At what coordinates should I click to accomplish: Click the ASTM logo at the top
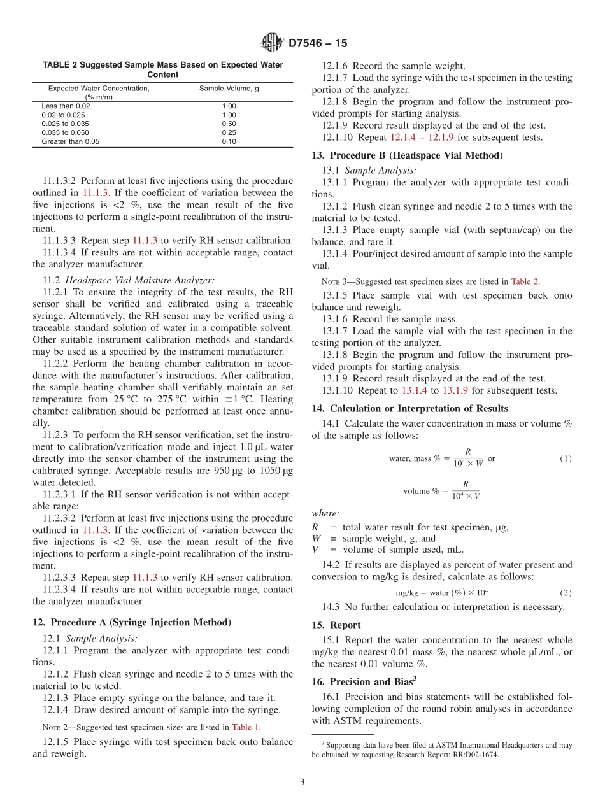click(x=272, y=43)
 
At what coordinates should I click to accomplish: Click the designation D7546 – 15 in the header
click(x=318, y=44)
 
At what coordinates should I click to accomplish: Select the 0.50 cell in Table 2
click(x=229, y=124)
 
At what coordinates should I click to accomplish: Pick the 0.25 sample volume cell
click(x=229, y=132)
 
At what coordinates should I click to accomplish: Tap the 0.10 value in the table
click(x=229, y=141)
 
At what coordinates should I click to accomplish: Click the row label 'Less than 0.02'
click(x=66, y=106)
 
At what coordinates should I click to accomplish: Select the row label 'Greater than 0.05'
click(x=71, y=141)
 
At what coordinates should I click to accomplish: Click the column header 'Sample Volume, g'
click(x=229, y=89)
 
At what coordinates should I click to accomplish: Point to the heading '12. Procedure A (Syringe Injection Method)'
click(x=132, y=622)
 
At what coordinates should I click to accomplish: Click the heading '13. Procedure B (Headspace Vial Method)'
click(x=407, y=155)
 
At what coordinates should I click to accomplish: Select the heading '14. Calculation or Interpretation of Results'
click(x=409, y=408)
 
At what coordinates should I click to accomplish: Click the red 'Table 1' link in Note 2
click(x=246, y=727)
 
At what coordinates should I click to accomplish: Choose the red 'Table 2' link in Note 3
click(x=525, y=281)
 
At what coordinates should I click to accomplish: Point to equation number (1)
click(x=566, y=458)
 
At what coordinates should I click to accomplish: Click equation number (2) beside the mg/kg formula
click(x=566, y=592)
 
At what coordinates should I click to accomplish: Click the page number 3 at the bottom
click(x=302, y=782)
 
